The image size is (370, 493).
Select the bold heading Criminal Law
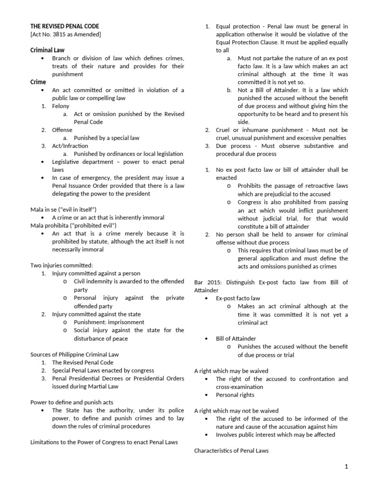pyautogui.click(x=47, y=50)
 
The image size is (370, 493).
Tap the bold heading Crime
pyautogui.click(x=38, y=82)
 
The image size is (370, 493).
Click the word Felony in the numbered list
pyautogui.click(x=61, y=106)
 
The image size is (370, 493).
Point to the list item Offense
pyautogui.click(x=62, y=130)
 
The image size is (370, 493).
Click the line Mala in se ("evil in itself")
pyautogui.click(x=64, y=209)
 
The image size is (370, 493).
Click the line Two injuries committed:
pyautogui.click(x=61, y=265)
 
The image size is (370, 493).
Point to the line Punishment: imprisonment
pyautogui.click(x=109, y=322)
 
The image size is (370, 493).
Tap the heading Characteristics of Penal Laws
pyautogui.click(x=231, y=451)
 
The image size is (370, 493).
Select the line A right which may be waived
pyautogui.click(x=231, y=371)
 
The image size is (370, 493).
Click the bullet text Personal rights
pyautogui.click(x=235, y=395)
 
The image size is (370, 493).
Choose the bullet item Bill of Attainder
pyautogui.click(x=236, y=338)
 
